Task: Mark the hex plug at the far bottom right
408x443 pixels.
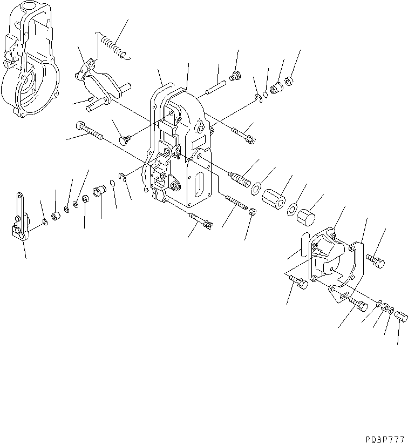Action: pyautogui.click(x=400, y=317)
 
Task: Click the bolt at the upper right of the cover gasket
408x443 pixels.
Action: pyautogui.click(x=376, y=260)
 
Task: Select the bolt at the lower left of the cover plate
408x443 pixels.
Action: pyautogui.click(x=298, y=281)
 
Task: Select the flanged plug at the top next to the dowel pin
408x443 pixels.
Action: pyautogui.click(x=235, y=76)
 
